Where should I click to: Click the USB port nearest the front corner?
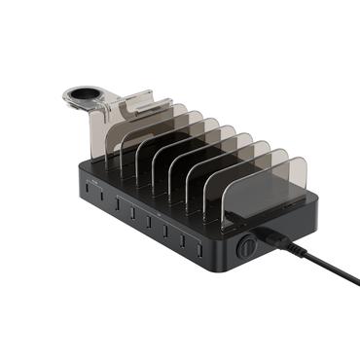pos(199,246)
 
